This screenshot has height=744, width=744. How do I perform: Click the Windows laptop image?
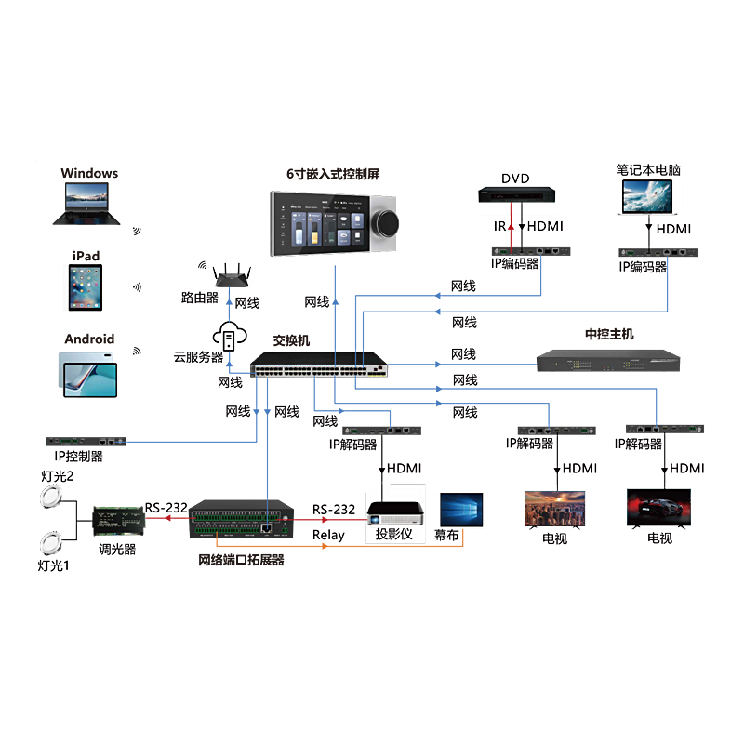click(86, 203)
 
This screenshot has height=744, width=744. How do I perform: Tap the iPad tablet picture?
click(86, 288)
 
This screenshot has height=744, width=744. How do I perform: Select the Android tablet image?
click(89, 375)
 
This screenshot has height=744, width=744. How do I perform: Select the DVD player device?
click(516, 195)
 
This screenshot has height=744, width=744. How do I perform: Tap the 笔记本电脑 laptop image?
click(647, 198)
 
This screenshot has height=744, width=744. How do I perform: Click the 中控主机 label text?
click(609, 334)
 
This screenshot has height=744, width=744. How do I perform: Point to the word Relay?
click(328, 535)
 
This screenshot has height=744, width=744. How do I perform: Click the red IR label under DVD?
click(499, 226)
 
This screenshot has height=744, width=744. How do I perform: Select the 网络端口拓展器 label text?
click(241, 560)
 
